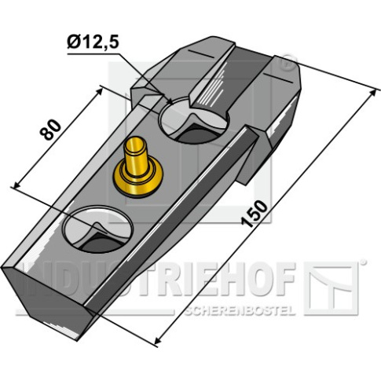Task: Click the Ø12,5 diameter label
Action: (93, 42)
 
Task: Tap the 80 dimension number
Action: (50, 130)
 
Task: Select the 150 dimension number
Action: (255, 214)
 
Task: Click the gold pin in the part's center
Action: (137, 167)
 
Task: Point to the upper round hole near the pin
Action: (194, 120)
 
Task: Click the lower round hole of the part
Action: (97, 229)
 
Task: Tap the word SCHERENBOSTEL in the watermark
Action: (240, 311)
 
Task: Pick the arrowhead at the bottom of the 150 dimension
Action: (157, 340)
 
